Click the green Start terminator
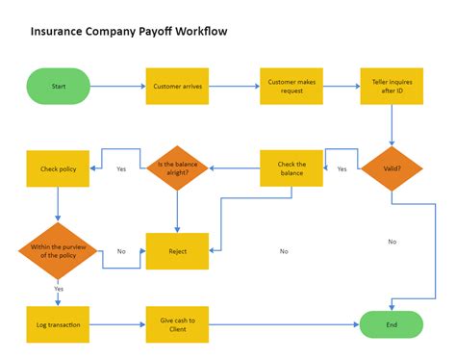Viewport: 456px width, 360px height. coord(58,86)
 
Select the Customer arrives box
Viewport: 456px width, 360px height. coord(177,86)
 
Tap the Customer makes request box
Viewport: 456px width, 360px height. coord(291,86)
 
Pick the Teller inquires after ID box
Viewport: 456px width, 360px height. coord(392,86)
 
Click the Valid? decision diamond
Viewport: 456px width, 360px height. coord(392,168)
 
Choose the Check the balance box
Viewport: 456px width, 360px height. coord(291,168)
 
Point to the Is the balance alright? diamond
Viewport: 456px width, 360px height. coord(177,168)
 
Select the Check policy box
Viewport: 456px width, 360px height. coord(58,168)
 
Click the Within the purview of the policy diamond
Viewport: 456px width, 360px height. coord(58,250)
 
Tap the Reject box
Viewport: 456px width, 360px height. coord(177,250)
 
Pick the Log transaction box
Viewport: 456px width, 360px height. coord(58,324)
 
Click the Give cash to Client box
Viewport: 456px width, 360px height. coord(177,324)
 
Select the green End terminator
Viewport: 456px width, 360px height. coord(392,324)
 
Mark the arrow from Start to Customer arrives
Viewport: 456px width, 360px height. coord(118,86)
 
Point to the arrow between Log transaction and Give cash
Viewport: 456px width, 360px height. coord(117,324)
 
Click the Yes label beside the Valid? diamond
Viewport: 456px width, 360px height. coord(342,169)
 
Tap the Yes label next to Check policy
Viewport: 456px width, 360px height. coord(121,169)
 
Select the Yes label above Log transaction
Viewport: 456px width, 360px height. coord(59,289)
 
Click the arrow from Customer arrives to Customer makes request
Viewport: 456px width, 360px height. coord(234,86)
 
